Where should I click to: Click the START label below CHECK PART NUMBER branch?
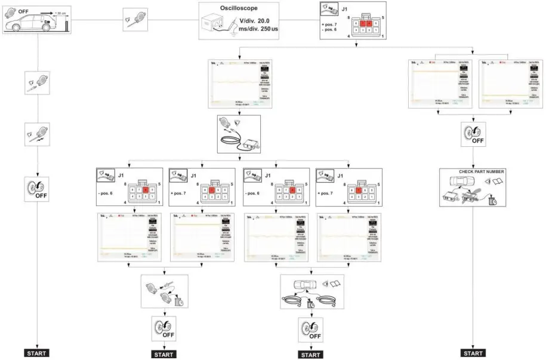[x=473, y=353]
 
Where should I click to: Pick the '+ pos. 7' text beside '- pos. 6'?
[x=331, y=23]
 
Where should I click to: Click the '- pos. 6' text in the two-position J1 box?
[x=331, y=29]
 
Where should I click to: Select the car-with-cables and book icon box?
[x=310, y=291]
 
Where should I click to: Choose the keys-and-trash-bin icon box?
[x=164, y=291]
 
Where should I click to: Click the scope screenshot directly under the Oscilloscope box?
[x=239, y=84]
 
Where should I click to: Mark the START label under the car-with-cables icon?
[x=310, y=355]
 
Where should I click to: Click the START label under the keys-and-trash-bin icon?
[x=164, y=355]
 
